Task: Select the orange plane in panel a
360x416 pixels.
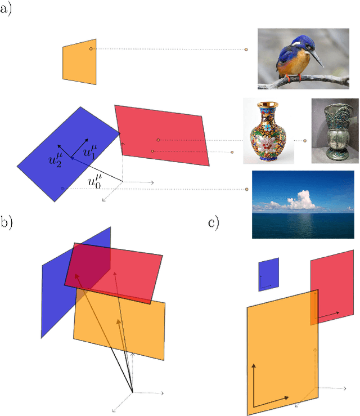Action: [x=79, y=61]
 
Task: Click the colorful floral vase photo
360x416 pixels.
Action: [x=268, y=131]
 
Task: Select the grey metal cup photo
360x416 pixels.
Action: [x=335, y=131]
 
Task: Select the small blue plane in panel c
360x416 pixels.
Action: [x=268, y=274]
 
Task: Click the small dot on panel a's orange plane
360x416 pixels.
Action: [x=91, y=49]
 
